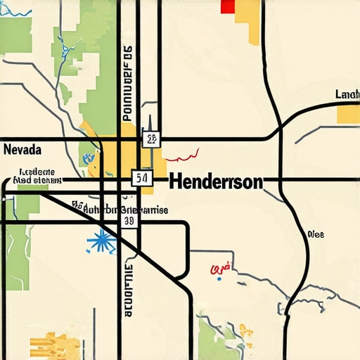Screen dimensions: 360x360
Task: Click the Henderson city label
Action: coord(216,181)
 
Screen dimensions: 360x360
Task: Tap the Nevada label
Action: coord(22,150)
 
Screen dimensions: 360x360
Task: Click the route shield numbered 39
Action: coord(129,221)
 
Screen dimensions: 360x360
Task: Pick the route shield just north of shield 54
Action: coord(150,139)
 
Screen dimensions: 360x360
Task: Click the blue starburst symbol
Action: coord(103,242)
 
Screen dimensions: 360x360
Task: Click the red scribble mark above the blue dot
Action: coord(221,269)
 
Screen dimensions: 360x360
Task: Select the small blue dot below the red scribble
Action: coord(219,279)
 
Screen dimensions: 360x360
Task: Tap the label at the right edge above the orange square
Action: coord(347,94)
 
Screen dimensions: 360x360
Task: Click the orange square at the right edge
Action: coord(349,113)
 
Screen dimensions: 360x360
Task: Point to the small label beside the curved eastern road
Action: coord(316,235)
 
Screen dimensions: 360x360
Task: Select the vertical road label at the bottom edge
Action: coord(128,292)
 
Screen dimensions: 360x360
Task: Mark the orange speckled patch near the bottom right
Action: coord(245,330)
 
